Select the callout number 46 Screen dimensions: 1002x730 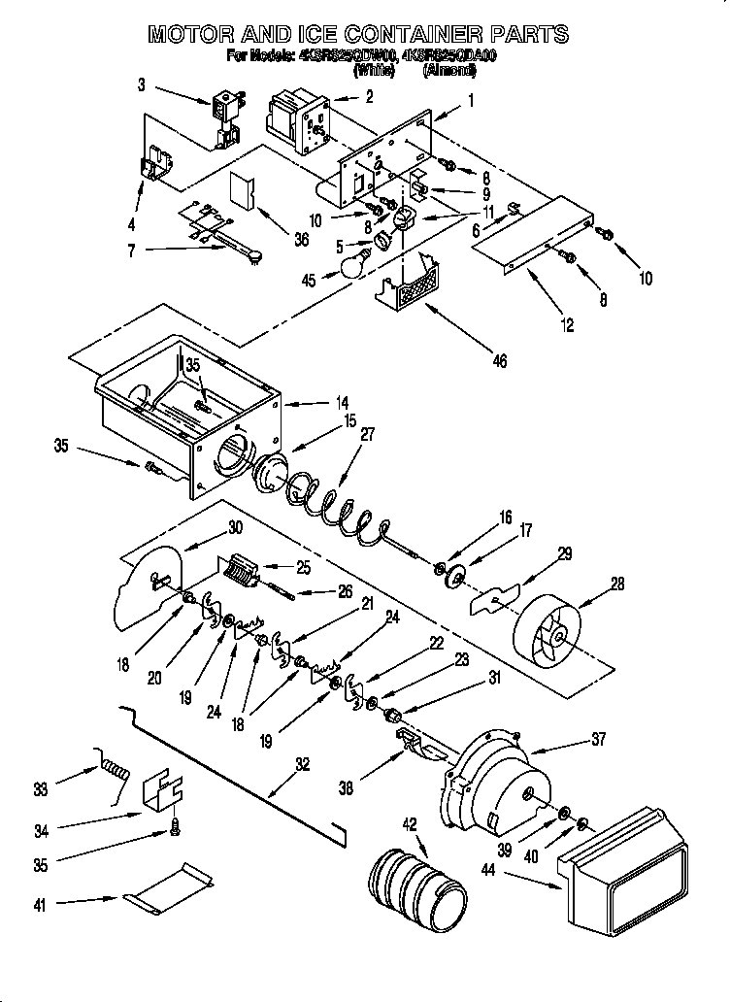[500, 362]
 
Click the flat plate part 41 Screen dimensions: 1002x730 [167, 891]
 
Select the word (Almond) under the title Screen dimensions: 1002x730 [453, 71]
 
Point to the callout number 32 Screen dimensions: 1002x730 [304, 764]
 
